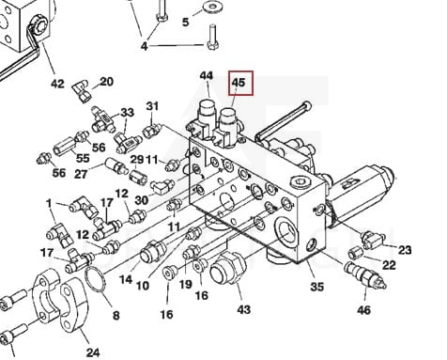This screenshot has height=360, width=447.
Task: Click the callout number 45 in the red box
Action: (239, 82)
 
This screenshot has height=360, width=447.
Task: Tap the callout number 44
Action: (207, 76)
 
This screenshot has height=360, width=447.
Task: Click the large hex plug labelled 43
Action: (226, 269)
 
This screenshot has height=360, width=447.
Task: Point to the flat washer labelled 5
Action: (212, 6)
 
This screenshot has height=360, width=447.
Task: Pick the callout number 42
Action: (57, 84)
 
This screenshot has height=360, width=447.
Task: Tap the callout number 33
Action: (127, 112)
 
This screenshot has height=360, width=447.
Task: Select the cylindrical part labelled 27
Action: (116, 166)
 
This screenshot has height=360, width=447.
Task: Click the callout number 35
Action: (316, 287)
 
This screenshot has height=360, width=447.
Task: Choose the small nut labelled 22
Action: (355, 253)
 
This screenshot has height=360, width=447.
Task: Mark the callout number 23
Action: (405, 250)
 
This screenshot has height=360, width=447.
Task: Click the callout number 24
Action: (93, 352)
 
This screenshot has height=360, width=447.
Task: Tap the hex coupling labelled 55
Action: (65, 148)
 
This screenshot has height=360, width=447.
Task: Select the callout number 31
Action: (152, 106)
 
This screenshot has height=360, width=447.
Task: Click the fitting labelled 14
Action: (153, 251)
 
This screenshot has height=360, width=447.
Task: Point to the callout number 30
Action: (141, 200)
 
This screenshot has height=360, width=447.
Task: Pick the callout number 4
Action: (144, 46)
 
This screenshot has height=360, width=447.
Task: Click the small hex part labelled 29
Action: (138, 177)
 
